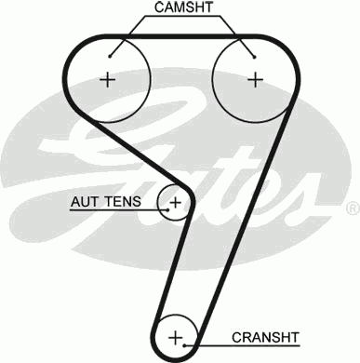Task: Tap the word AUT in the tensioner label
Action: coord(83,200)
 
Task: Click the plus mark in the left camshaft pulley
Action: coord(108,79)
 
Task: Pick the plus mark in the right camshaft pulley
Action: coord(254,79)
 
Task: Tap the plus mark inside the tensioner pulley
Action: coord(174,200)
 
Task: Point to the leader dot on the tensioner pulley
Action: coord(166,208)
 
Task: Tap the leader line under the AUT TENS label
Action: coord(112,208)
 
